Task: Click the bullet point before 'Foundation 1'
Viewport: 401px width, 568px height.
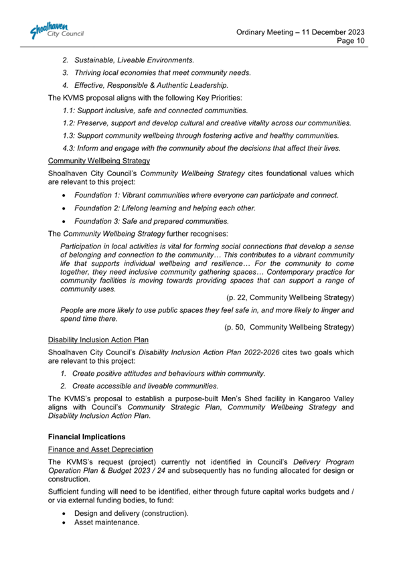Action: click(x=64, y=195)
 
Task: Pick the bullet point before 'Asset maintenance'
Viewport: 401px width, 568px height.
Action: click(x=64, y=522)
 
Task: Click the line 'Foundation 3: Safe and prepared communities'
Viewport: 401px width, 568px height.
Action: click(x=151, y=220)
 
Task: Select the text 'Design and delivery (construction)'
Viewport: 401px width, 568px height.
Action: click(x=131, y=513)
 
